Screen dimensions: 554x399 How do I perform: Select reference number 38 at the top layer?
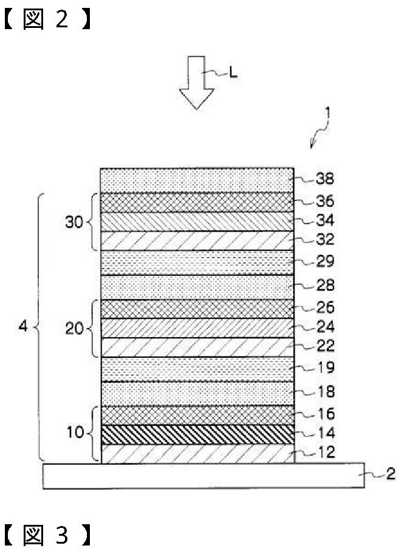pos(325,179)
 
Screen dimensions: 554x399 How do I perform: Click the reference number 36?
pos(325,201)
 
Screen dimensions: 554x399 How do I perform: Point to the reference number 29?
pos(325,262)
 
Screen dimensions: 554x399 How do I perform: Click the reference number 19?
pos(325,368)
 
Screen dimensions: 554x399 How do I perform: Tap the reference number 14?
pos(325,434)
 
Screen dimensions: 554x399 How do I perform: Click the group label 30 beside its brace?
pos(73,222)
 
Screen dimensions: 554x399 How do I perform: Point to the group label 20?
pos(73,329)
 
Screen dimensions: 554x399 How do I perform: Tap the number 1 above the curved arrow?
pos(328,113)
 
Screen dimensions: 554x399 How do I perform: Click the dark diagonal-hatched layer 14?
pos(197,435)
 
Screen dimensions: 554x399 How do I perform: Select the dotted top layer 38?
pos(197,180)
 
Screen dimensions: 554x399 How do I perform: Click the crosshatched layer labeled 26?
pos(197,309)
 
